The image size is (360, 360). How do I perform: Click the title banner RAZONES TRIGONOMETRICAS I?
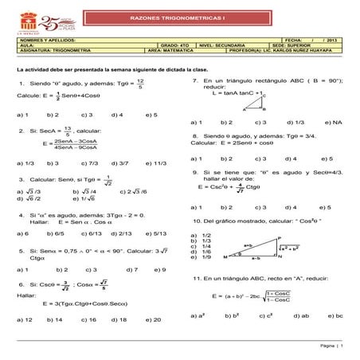180,17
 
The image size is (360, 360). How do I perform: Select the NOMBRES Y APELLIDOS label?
37,39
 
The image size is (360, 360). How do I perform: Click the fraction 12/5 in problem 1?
139,84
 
